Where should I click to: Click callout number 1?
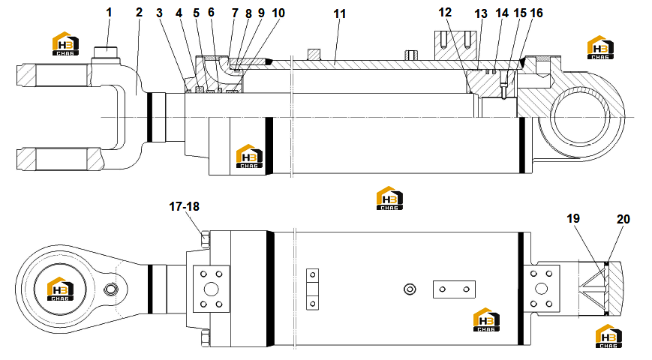click(109, 13)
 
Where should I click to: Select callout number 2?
click(139, 13)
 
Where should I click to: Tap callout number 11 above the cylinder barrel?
click(340, 13)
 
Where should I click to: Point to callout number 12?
click(445, 13)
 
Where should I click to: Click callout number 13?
click(481, 13)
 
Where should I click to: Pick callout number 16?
click(536, 13)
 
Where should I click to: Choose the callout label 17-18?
click(185, 206)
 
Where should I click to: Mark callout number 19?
click(573, 218)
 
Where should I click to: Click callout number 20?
click(623, 219)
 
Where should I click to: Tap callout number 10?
click(278, 13)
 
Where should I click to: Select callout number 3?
click(159, 13)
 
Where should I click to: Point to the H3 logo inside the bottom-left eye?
click(60, 289)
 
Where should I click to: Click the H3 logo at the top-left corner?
click(65, 43)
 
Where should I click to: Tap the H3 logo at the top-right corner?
click(600, 47)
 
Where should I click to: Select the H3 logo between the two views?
click(389, 198)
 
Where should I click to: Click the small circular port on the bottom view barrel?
click(410, 289)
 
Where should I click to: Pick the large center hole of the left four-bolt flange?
click(212, 289)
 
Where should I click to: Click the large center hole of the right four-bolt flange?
click(542, 289)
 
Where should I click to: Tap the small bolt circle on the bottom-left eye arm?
click(111, 289)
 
